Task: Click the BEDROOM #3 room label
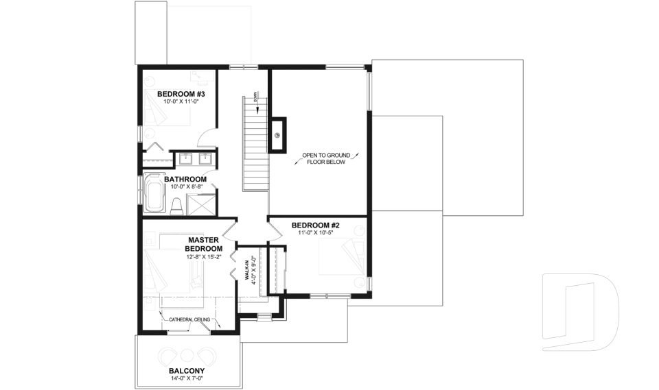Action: (177, 94)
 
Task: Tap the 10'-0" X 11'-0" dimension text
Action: (177, 102)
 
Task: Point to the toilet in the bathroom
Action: (176, 205)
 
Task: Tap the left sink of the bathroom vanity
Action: (186, 160)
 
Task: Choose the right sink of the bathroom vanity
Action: (204, 160)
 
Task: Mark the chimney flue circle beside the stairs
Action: (278, 135)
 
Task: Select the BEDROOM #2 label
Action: (316, 225)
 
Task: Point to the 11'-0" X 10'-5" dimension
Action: (316, 233)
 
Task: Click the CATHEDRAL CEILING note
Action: (190, 319)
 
